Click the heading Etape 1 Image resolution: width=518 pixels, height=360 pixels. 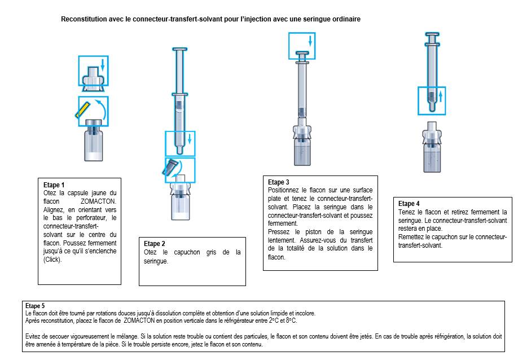(x=54, y=185)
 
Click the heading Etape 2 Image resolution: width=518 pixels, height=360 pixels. (x=155, y=244)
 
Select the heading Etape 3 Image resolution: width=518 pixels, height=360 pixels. (x=279, y=182)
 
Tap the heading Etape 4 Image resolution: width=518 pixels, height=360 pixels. (x=409, y=204)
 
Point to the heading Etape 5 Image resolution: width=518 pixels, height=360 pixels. (x=36, y=306)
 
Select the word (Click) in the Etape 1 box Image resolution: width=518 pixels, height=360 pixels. (x=54, y=260)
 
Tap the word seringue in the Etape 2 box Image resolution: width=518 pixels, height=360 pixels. (x=156, y=261)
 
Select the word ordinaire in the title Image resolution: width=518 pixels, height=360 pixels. (x=345, y=19)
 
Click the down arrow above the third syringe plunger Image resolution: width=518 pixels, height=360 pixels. (x=310, y=41)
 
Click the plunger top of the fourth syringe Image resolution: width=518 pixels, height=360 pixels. (x=431, y=34)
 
